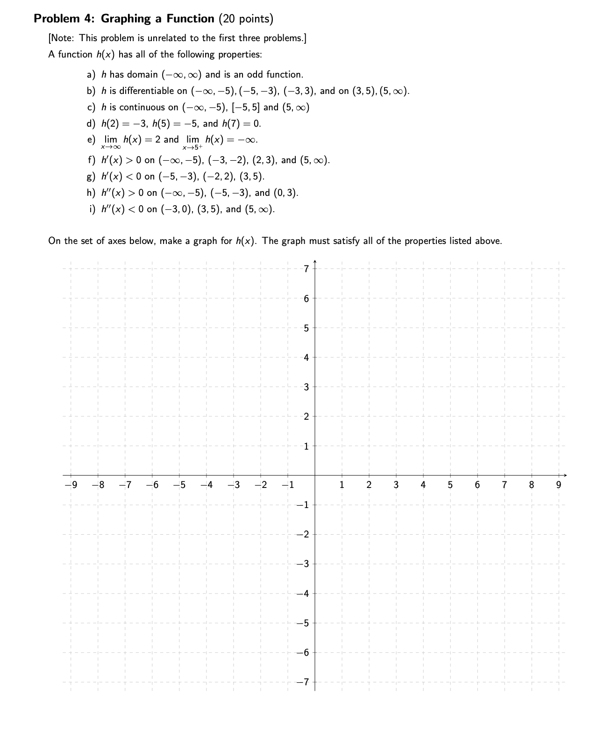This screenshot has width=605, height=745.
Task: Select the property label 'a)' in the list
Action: (91, 75)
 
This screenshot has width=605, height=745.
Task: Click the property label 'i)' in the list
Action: (92, 209)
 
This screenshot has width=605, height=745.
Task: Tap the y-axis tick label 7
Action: (306, 269)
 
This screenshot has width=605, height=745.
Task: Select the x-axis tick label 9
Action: (558, 485)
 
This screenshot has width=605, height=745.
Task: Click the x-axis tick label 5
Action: (450, 485)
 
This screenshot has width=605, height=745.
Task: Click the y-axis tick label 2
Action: (306, 416)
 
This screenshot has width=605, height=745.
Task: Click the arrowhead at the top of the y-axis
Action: (314, 261)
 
